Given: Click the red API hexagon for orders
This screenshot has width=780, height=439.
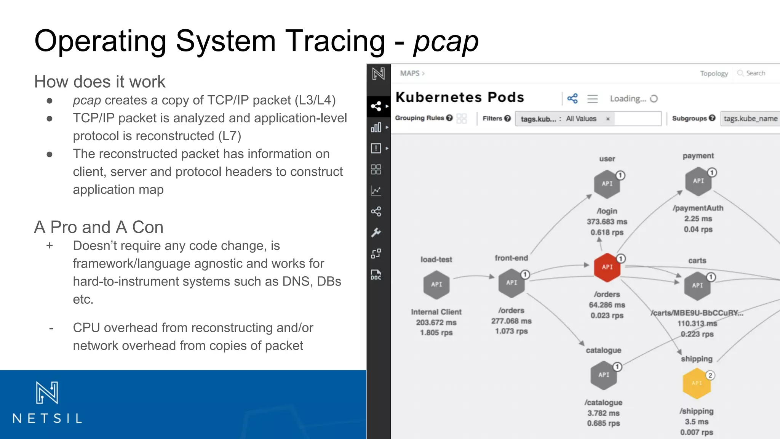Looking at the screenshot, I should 607,267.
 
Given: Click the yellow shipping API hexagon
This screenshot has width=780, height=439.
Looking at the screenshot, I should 697,383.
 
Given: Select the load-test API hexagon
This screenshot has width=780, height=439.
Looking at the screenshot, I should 436,284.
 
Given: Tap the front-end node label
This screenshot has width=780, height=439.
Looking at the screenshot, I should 511,258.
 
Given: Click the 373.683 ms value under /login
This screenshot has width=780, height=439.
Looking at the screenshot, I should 607,222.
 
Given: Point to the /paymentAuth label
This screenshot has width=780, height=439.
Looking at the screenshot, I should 698,208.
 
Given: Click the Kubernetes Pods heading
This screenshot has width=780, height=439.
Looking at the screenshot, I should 460,98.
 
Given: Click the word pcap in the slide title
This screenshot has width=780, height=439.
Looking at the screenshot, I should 446,41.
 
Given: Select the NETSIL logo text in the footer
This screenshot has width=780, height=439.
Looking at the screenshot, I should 47,418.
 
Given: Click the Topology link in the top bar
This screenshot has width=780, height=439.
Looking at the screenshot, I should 714,73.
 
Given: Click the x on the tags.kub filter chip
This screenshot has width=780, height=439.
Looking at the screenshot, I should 608,119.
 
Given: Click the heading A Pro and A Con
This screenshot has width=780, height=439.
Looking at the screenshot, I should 99,227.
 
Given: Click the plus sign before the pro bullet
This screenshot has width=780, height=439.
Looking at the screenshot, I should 50,246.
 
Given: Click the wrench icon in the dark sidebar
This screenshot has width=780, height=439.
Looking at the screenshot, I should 376,232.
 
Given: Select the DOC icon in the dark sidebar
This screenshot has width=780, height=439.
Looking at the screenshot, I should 376,275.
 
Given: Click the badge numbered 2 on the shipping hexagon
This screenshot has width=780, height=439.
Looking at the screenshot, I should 710,375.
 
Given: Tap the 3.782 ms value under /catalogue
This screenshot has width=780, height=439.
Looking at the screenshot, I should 603,413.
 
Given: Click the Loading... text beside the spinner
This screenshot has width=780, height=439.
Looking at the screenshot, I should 628,99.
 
